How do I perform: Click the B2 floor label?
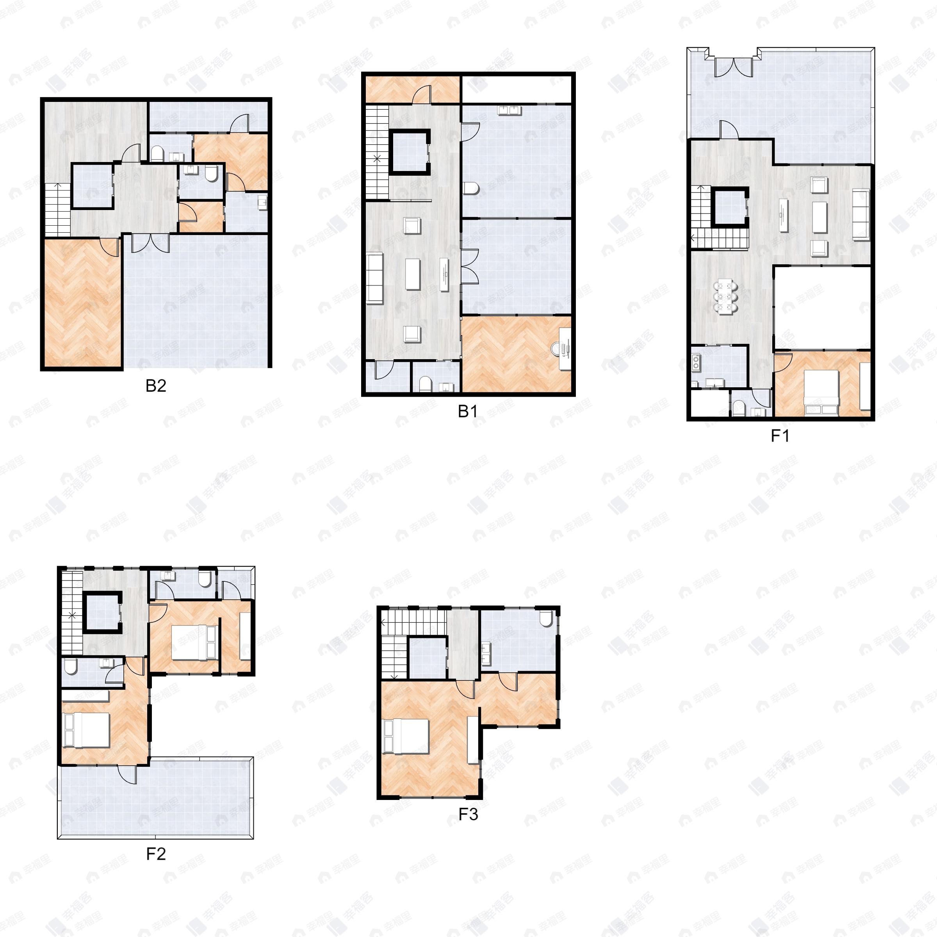[156, 386]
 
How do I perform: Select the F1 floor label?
[780, 436]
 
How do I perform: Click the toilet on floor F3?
[546, 618]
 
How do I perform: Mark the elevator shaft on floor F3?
[427, 657]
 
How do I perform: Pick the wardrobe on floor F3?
[472, 739]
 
